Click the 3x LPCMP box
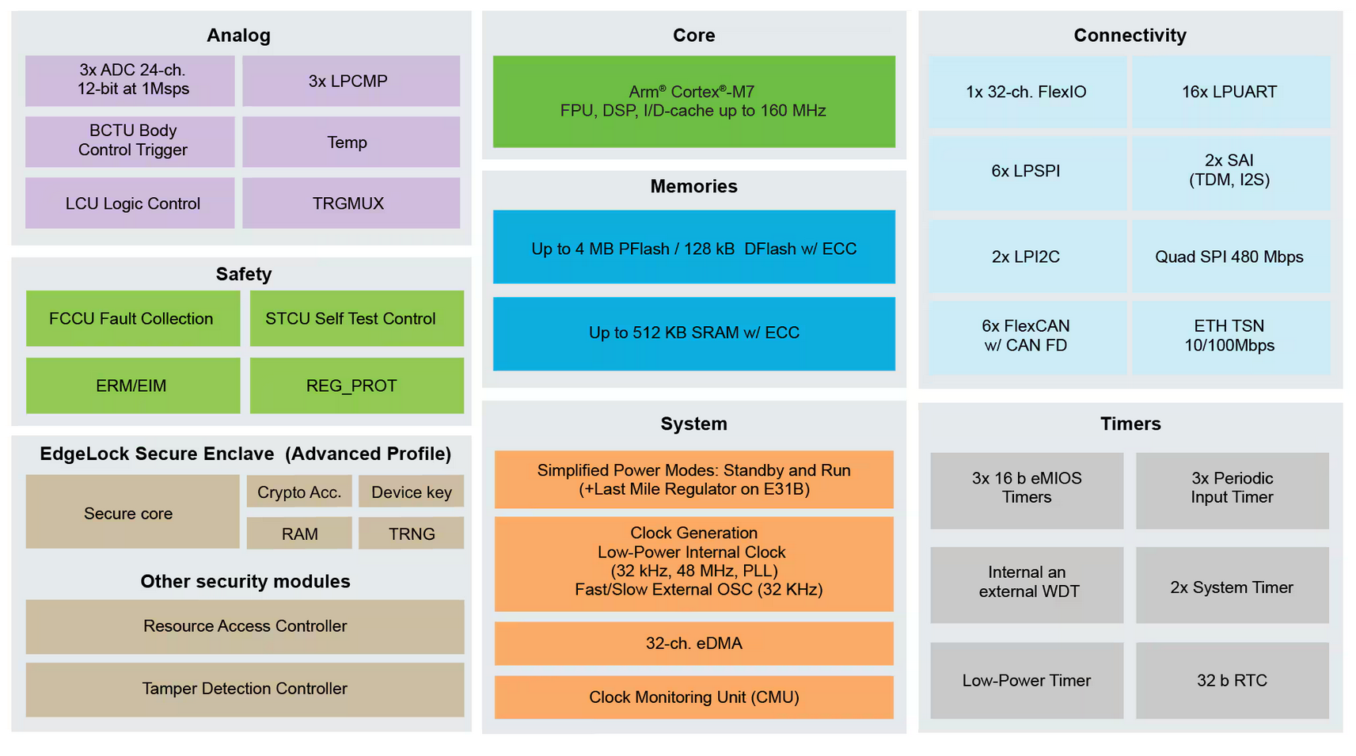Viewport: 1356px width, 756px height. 351,81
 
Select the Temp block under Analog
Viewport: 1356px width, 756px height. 351,142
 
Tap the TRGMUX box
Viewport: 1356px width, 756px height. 351,203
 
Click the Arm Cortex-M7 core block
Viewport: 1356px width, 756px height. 693,101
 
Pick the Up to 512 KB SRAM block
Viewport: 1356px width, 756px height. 693,333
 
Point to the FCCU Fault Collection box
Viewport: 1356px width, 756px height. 132,318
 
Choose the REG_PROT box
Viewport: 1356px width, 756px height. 356,386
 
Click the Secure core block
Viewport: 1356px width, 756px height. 132,512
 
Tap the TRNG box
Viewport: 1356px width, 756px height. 411,534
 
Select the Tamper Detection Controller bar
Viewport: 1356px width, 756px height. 245,689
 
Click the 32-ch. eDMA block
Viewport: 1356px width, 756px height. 693,643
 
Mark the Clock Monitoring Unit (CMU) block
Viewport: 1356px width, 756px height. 693,697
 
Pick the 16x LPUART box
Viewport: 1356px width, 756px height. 1230,92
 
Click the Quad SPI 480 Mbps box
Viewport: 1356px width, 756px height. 1230,256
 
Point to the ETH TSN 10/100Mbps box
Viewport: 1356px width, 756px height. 1230,336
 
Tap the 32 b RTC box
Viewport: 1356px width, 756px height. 1232,681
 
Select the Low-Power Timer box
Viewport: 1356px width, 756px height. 1026,681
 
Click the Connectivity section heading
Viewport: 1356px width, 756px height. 1130,35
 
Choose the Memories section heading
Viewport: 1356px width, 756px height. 693,186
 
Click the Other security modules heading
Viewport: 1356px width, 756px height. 245,581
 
